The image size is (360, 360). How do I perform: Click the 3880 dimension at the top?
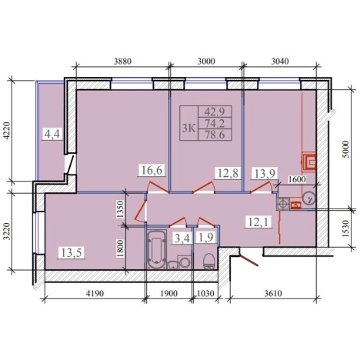tap(122, 62)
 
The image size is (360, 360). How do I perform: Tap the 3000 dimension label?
tap(206, 62)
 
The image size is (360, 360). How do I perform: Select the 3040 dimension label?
tap(280, 62)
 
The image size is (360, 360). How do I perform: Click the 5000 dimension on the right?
tap(346, 149)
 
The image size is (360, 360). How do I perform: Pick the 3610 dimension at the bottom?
tap(273, 293)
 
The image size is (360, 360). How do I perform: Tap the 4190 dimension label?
tap(95, 293)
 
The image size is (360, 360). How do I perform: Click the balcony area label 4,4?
tap(52, 134)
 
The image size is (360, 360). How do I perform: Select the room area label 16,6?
tap(152, 170)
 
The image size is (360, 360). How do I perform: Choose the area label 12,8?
tap(228, 173)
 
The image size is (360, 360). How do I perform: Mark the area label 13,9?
tap(265, 173)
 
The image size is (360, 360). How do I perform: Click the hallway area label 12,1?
tap(258, 222)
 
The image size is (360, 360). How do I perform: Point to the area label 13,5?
tap(72, 253)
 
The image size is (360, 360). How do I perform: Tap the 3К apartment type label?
tap(188, 128)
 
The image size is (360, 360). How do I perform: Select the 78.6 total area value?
tap(215, 135)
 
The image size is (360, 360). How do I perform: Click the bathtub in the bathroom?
tap(156, 249)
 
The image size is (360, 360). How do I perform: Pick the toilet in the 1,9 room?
tap(209, 262)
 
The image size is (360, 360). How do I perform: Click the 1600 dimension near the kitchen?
tap(297, 179)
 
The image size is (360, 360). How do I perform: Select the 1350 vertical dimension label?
tap(120, 209)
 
